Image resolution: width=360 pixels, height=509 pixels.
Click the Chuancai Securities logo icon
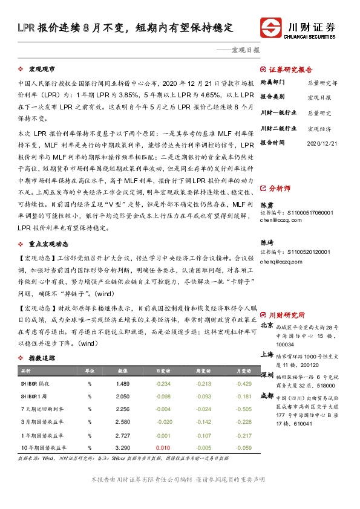click(271, 28)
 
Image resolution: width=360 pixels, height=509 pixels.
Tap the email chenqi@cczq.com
click(280, 262)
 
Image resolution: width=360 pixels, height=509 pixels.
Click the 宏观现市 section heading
click(44, 69)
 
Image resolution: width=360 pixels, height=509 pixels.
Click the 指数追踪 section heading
click(42, 358)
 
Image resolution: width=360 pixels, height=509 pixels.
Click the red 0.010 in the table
click(163, 447)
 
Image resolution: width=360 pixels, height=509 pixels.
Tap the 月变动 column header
click(244, 371)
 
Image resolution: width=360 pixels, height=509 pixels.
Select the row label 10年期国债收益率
click(43, 447)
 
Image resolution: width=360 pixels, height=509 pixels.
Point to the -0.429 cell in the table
click(244, 384)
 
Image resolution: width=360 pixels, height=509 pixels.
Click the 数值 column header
click(122, 371)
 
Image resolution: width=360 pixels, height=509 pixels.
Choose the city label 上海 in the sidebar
click(266, 355)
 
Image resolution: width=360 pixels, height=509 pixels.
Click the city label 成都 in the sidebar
click(266, 396)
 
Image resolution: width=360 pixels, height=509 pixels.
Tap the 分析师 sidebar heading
click(280, 189)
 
